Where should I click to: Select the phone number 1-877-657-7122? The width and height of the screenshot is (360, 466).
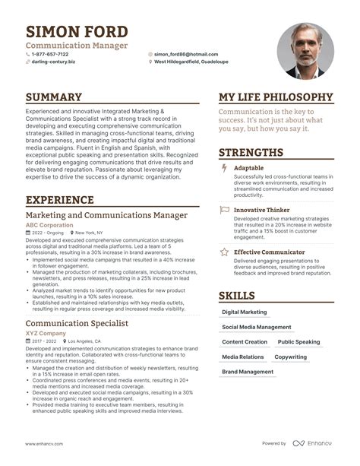click(49, 55)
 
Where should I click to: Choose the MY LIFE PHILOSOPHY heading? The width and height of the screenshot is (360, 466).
click(276, 97)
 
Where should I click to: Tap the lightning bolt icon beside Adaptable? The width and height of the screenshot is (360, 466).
click(223, 166)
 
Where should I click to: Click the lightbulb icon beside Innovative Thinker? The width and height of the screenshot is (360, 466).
click(223, 209)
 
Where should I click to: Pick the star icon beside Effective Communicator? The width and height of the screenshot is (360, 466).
click(223, 252)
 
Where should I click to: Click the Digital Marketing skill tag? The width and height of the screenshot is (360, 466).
click(245, 312)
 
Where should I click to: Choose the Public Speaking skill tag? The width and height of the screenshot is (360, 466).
click(298, 342)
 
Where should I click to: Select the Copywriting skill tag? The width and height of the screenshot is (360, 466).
click(291, 357)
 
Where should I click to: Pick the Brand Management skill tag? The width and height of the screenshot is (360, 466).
click(248, 372)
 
